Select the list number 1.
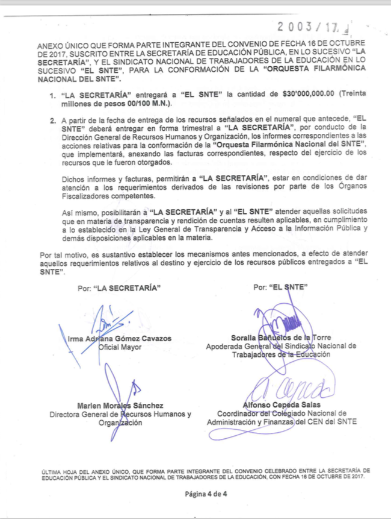(x=53, y=95)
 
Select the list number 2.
(x=53, y=121)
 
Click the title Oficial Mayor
(x=119, y=347)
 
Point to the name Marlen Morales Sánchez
(x=119, y=406)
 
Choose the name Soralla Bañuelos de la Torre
(x=280, y=338)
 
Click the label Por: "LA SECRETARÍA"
(x=119, y=288)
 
